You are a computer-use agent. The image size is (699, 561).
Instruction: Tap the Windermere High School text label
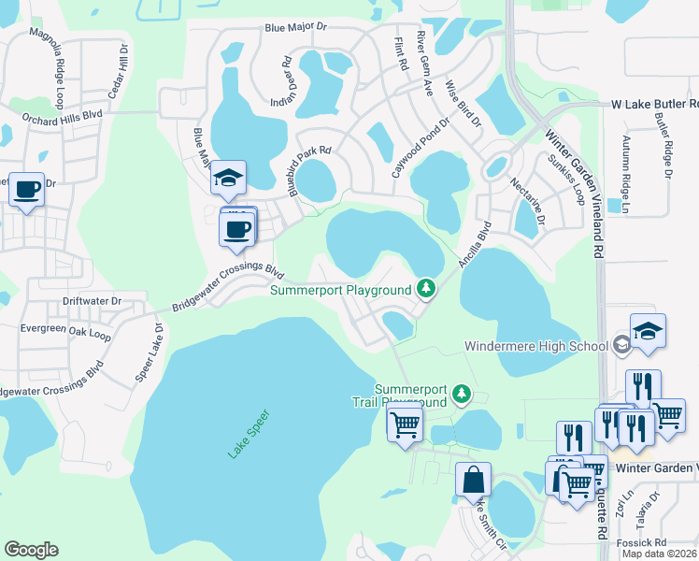536,346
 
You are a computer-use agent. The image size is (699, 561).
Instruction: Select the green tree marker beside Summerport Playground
426,289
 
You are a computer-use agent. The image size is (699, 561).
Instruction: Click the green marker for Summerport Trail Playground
461,396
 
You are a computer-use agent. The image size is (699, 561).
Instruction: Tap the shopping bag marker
473,482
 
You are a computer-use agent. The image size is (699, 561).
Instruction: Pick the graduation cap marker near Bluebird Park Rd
226,180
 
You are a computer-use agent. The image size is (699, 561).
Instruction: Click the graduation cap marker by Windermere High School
647,332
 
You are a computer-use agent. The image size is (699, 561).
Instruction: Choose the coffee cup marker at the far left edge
25,191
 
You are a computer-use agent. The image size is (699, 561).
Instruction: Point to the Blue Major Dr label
297,29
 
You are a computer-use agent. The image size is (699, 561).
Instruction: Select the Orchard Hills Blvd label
61,119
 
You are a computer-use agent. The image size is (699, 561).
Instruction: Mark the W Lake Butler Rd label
653,105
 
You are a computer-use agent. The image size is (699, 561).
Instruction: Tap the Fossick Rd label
647,542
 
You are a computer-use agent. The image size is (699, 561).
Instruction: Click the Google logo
31,550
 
